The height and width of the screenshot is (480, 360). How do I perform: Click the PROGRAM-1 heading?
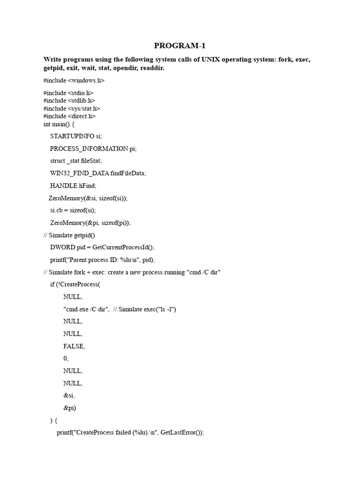click(180, 45)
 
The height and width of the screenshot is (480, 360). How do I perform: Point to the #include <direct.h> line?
click(70, 116)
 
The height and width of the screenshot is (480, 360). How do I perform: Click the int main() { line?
click(62, 124)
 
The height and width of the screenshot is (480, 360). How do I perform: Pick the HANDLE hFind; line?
click(70, 186)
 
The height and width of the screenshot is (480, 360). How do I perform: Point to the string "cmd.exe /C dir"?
click(86, 309)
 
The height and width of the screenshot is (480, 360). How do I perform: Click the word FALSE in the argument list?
click(74, 346)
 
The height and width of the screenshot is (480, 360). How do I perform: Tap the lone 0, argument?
click(66, 358)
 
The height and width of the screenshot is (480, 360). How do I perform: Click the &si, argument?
click(69, 395)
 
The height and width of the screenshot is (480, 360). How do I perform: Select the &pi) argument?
click(69, 407)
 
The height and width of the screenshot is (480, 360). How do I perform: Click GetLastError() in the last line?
click(181, 433)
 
